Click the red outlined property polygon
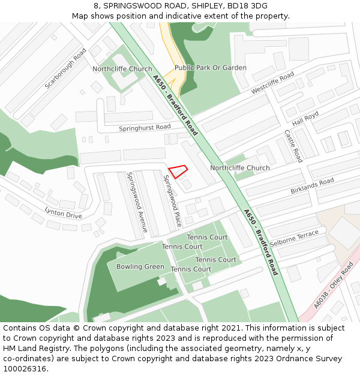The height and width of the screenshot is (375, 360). (178, 172)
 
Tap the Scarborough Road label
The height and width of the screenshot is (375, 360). (66, 69)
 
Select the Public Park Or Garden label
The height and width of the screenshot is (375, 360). (210, 68)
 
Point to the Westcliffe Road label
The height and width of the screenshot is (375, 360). (272, 83)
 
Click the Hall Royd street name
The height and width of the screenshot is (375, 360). (305, 116)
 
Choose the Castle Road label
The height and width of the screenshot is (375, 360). (293, 146)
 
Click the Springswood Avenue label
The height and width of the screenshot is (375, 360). (136, 202)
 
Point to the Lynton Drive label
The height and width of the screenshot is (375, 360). (63, 212)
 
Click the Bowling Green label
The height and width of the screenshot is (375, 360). (140, 266)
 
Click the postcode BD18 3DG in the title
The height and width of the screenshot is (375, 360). (251, 5)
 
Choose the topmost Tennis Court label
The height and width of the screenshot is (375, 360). (207, 237)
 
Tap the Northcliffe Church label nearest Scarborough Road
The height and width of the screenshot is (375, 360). (122, 69)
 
